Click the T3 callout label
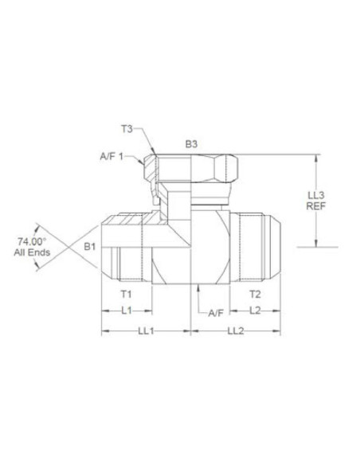point(127,129)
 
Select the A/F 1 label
point(112,156)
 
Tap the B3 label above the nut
point(191,144)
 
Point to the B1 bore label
point(89,246)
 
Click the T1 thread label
point(126,294)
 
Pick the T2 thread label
point(255,294)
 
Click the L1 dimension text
point(127,311)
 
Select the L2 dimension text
point(255,311)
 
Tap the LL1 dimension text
point(146,330)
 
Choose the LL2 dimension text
point(236,330)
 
